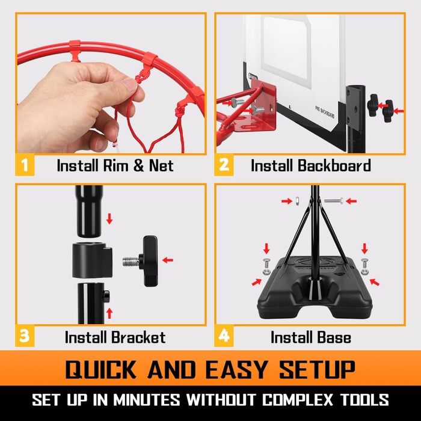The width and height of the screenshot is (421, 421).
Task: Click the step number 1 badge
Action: pos(25,165)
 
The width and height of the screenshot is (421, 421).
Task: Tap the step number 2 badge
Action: pos(224,165)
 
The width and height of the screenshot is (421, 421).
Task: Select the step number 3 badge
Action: pos(25,336)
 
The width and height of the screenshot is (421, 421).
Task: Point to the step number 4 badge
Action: pos(224,336)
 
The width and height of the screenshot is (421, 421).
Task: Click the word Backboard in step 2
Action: pos(334,165)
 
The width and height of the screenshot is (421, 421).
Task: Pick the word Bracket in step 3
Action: pos(138,337)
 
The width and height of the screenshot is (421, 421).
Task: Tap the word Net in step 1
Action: pos(161,165)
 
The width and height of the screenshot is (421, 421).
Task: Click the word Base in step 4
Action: pos(334,337)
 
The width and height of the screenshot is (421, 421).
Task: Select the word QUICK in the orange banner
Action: pos(100,369)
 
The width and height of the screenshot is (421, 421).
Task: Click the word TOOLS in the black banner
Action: pos(364,399)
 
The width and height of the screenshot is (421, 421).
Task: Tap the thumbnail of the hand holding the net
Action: pos(111,84)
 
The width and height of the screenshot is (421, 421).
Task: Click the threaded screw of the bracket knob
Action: pos(131,262)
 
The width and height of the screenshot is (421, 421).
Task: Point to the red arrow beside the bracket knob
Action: pos(168,260)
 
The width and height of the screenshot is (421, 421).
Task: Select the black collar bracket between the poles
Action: pos(92,260)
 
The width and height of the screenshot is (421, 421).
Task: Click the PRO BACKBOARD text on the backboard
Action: pos(325,112)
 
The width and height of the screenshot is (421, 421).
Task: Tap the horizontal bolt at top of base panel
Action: pos(333,200)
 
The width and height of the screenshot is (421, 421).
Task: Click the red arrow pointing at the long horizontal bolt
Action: pos(351,201)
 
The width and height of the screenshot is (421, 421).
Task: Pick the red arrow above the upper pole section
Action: pos(109,218)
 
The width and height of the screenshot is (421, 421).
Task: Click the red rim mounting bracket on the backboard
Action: pos(263,105)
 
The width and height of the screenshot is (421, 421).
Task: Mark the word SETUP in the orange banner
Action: pos(317,369)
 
